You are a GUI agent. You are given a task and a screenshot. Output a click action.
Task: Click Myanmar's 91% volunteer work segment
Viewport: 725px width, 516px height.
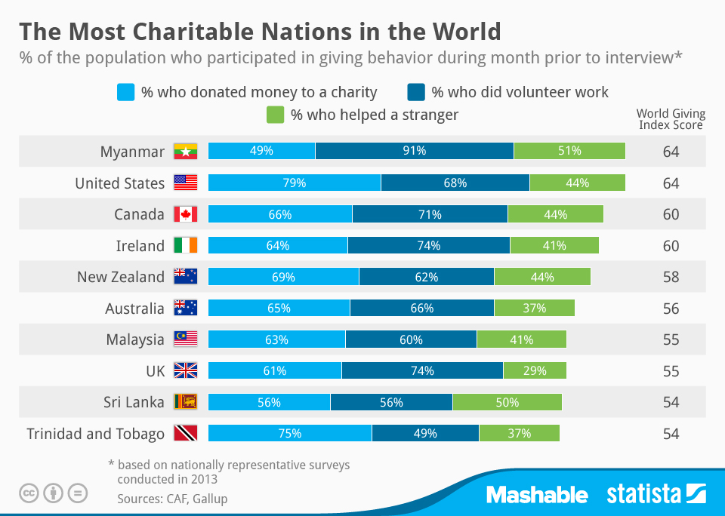(x=414, y=151)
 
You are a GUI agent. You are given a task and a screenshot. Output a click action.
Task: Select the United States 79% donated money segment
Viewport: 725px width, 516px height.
(x=294, y=183)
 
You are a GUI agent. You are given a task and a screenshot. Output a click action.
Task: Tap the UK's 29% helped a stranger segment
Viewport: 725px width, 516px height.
(x=534, y=370)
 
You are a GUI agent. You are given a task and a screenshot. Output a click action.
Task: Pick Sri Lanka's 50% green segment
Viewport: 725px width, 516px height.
(x=507, y=402)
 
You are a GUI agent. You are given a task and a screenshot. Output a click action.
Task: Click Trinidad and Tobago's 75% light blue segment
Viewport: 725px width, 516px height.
(x=289, y=433)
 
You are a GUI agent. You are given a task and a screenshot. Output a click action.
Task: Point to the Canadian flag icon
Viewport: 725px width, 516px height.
(x=185, y=214)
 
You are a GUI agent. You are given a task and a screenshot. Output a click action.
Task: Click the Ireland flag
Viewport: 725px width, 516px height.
(x=185, y=246)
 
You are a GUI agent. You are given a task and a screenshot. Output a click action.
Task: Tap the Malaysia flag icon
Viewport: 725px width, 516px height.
(x=185, y=339)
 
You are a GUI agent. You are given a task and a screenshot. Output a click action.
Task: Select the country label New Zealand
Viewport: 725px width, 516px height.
(x=120, y=277)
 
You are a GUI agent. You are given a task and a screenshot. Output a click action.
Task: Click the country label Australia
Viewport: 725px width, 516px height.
(x=134, y=308)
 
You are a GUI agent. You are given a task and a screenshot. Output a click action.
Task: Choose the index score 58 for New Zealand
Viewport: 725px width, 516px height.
(x=671, y=277)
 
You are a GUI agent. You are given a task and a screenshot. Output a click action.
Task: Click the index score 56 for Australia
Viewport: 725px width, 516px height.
(x=671, y=308)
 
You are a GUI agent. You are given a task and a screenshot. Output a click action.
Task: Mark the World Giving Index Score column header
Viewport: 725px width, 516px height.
(x=671, y=119)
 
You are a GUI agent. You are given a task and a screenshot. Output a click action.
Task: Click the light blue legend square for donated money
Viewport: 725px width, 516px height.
(x=125, y=92)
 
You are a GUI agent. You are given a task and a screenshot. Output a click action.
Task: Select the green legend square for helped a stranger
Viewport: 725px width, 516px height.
(x=275, y=115)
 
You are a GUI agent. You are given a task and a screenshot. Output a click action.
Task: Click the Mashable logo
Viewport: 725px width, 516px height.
(x=536, y=495)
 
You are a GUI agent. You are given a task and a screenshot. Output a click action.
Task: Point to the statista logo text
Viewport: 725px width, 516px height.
(x=643, y=495)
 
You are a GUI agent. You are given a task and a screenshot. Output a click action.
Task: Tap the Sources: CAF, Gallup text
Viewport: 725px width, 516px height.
(x=172, y=499)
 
